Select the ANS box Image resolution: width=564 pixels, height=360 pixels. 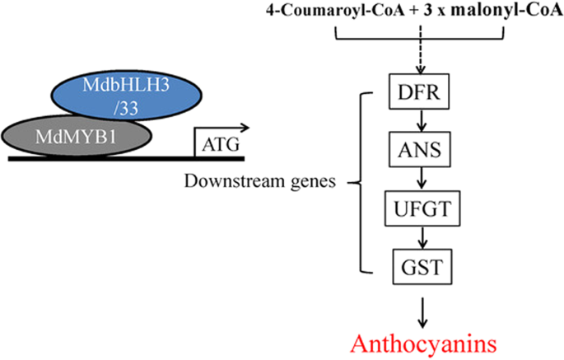[420, 152]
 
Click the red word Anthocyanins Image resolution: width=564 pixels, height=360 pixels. [420, 340]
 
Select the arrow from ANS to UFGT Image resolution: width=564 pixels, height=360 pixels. [420, 180]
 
